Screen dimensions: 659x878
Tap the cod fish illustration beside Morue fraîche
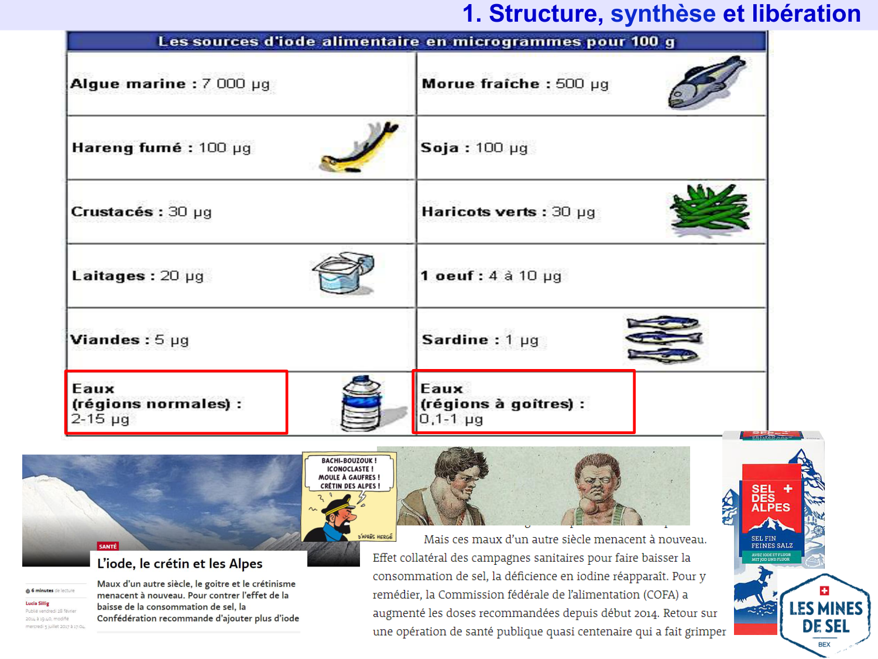706,83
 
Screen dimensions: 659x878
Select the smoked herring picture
359,148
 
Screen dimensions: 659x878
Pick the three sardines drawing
663,339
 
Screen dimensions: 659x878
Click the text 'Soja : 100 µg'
474,148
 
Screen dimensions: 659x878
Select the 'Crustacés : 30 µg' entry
141,211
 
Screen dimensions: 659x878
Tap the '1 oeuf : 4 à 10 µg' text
491,275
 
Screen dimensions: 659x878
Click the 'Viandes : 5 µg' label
129,340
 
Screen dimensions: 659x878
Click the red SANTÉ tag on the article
108,547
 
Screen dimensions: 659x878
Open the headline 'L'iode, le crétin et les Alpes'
180,564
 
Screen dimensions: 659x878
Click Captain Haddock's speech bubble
349,473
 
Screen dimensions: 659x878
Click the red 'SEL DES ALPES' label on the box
771,498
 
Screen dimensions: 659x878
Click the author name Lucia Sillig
37,603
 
